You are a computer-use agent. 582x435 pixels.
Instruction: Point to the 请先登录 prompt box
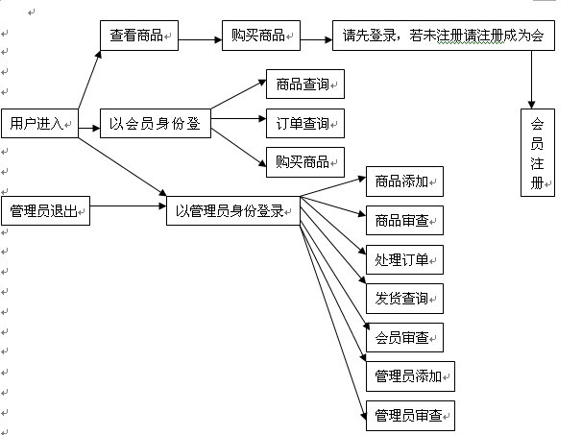click(x=443, y=36)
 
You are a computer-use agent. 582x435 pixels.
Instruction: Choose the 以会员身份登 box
click(x=155, y=124)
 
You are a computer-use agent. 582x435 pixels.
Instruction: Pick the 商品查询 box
click(x=304, y=85)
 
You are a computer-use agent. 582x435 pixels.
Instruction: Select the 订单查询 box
click(x=304, y=124)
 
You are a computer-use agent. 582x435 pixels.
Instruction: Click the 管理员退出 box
click(x=45, y=210)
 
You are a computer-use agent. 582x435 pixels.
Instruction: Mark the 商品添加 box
click(x=403, y=181)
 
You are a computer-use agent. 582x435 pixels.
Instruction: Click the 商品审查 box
click(x=403, y=220)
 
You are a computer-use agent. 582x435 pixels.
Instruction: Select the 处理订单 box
click(x=403, y=259)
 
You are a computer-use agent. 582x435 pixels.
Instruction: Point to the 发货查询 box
click(x=403, y=299)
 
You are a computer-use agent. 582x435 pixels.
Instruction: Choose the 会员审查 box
click(x=403, y=338)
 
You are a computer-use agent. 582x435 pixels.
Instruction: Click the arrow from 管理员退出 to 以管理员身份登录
click(x=128, y=205)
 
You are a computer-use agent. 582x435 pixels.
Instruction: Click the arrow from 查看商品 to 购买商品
click(x=200, y=39)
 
